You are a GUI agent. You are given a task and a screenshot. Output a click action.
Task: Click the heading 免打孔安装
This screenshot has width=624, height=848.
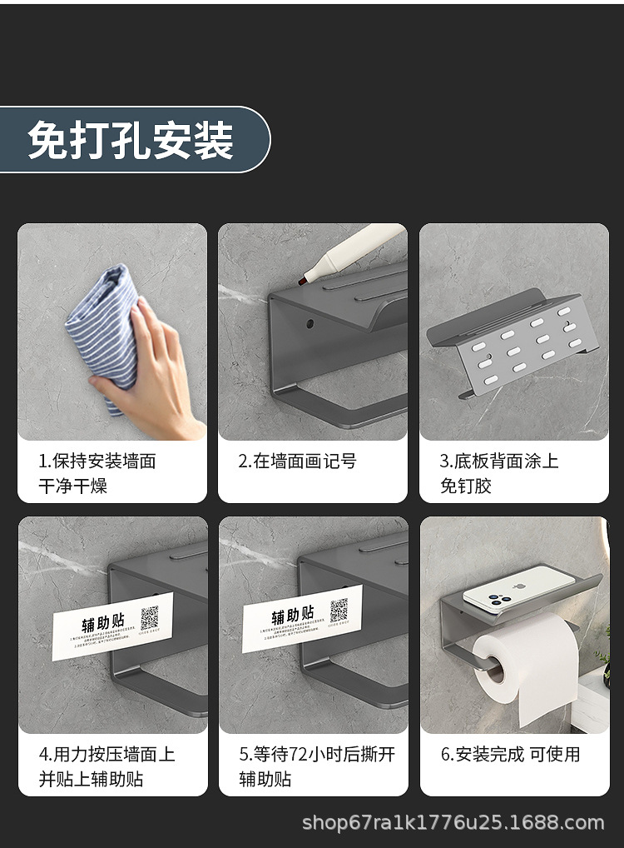131,139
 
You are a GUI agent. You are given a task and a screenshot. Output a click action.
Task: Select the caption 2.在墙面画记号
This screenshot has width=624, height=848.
297,461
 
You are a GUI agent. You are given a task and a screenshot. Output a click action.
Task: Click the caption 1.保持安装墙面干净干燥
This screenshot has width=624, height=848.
97,473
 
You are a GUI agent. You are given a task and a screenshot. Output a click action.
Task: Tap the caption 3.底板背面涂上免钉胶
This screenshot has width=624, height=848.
498,473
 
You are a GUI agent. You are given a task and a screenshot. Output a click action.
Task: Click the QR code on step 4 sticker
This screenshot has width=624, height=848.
150,617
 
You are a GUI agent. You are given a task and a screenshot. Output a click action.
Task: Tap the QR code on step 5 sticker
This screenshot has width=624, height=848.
339,611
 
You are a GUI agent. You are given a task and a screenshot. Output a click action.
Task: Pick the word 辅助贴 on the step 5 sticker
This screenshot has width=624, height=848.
291,617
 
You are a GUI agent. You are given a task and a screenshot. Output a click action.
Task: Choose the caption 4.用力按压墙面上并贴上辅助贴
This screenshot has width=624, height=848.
106,766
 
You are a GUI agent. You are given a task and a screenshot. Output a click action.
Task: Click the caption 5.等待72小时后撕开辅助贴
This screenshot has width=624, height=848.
317,766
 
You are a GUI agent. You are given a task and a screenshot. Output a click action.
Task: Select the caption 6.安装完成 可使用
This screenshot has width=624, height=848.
510,755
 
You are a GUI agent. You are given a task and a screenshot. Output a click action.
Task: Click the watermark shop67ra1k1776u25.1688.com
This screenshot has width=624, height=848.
453,823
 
